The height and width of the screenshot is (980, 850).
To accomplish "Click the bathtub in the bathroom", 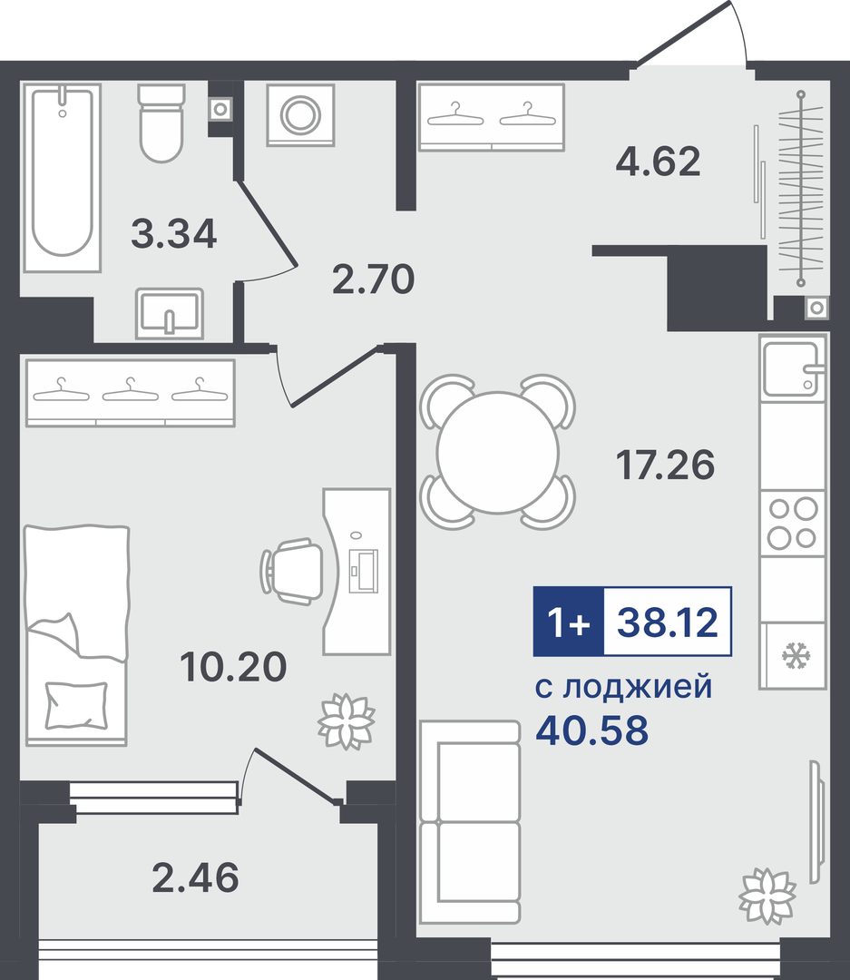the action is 62,178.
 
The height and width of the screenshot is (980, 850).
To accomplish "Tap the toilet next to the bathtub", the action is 161,123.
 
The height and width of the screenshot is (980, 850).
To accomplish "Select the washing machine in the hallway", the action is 300,115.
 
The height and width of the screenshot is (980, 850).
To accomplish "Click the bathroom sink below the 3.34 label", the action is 170,314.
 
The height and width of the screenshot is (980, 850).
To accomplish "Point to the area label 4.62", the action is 658,162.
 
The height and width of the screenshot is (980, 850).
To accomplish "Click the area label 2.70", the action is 373,279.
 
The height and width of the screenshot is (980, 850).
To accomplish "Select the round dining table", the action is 497,453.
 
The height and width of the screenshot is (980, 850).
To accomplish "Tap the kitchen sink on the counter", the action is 793,368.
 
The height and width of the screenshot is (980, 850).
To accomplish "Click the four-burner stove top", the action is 793,524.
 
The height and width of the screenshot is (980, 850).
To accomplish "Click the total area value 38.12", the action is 668,622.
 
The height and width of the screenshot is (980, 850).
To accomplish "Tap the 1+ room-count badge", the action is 568,622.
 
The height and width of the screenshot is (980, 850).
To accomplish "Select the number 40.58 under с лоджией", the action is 591,730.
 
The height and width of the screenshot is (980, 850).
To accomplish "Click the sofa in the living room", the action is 470,822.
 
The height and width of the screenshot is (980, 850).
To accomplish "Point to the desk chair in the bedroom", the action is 292,572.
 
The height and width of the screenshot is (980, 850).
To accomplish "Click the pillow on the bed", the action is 76,705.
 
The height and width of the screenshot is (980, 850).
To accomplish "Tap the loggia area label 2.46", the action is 196,877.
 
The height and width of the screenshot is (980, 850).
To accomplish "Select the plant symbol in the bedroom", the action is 347,720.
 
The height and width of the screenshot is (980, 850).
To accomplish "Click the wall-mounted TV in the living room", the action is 815,821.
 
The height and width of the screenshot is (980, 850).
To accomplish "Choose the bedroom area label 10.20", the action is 233,666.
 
